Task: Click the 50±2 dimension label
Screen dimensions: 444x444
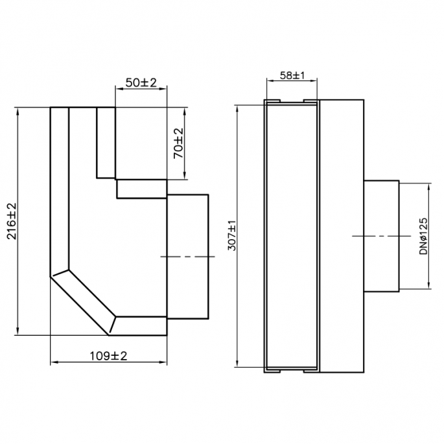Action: [x=140, y=82]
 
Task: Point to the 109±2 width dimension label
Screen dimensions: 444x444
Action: [x=108, y=356]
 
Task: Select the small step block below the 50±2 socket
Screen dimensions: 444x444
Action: [x=141, y=189]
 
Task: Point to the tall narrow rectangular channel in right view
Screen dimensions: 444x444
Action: [x=291, y=237]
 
